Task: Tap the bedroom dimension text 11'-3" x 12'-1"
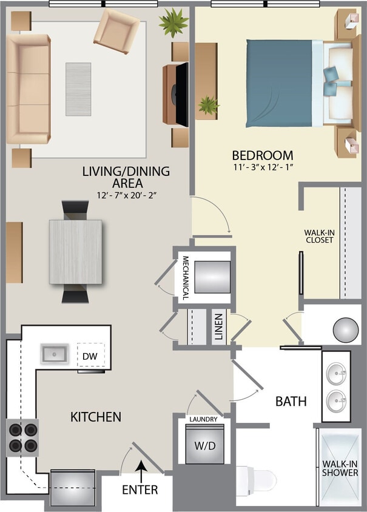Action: tap(266, 168)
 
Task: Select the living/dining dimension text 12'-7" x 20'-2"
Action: tap(126, 195)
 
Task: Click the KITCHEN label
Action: tap(96, 417)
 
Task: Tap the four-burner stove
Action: tap(22, 437)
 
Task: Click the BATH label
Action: tap(291, 401)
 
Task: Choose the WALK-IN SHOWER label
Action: tap(339, 468)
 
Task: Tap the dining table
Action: tap(76, 252)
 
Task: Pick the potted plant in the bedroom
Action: tap(209, 105)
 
